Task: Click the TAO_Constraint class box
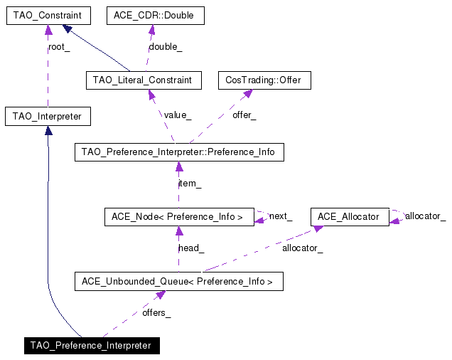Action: pos(48,15)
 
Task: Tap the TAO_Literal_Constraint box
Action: pos(142,80)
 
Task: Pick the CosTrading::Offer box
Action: pos(264,80)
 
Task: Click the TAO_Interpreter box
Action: pos(48,116)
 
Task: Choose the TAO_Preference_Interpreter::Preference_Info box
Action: pos(179,152)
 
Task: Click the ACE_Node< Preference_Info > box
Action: pos(178,216)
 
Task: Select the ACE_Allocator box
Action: pos(350,216)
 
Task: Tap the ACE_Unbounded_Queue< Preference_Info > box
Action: pos(178,281)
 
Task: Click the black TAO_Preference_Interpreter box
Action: pos(90,346)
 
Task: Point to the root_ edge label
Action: pos(59,48)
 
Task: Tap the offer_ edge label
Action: pos(244,114)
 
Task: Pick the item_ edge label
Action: pos(190,184)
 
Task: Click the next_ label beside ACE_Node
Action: pos(280,216)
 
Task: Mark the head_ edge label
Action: pos(190,248)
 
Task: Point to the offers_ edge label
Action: pos(156,313)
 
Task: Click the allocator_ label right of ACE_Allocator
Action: pos(425,216)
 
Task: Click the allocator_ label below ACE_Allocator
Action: pos(302,248)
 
